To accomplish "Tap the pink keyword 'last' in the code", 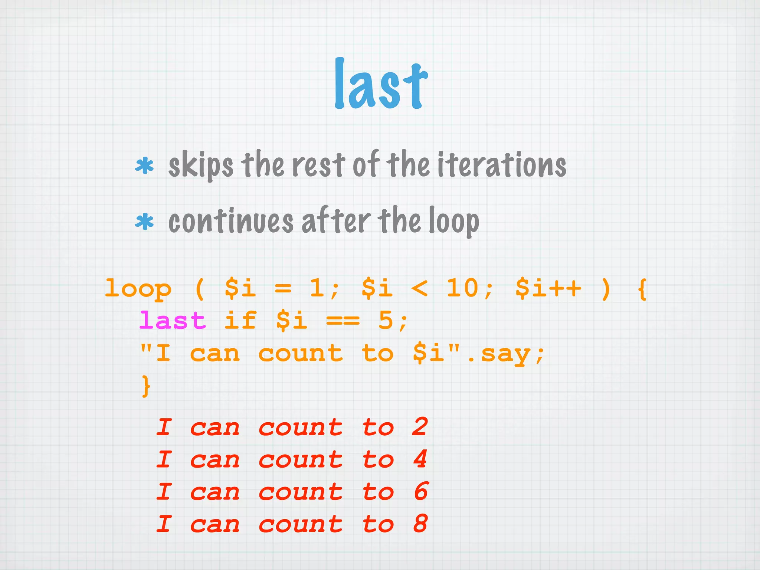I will (173, 321).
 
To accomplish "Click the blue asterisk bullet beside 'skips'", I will (144, 166).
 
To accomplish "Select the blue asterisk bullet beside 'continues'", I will (144, 222).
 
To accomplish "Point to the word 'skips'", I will (201, 166).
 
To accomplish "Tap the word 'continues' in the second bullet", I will (231, 222).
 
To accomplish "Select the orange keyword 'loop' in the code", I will (138, 289).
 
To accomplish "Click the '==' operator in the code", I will (343, 321).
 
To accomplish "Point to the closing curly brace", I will (146, 386).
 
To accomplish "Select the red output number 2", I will (420, 427).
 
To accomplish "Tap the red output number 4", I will (420, 459).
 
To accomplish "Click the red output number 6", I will (421, 492).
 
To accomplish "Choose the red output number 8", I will (420, 524).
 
